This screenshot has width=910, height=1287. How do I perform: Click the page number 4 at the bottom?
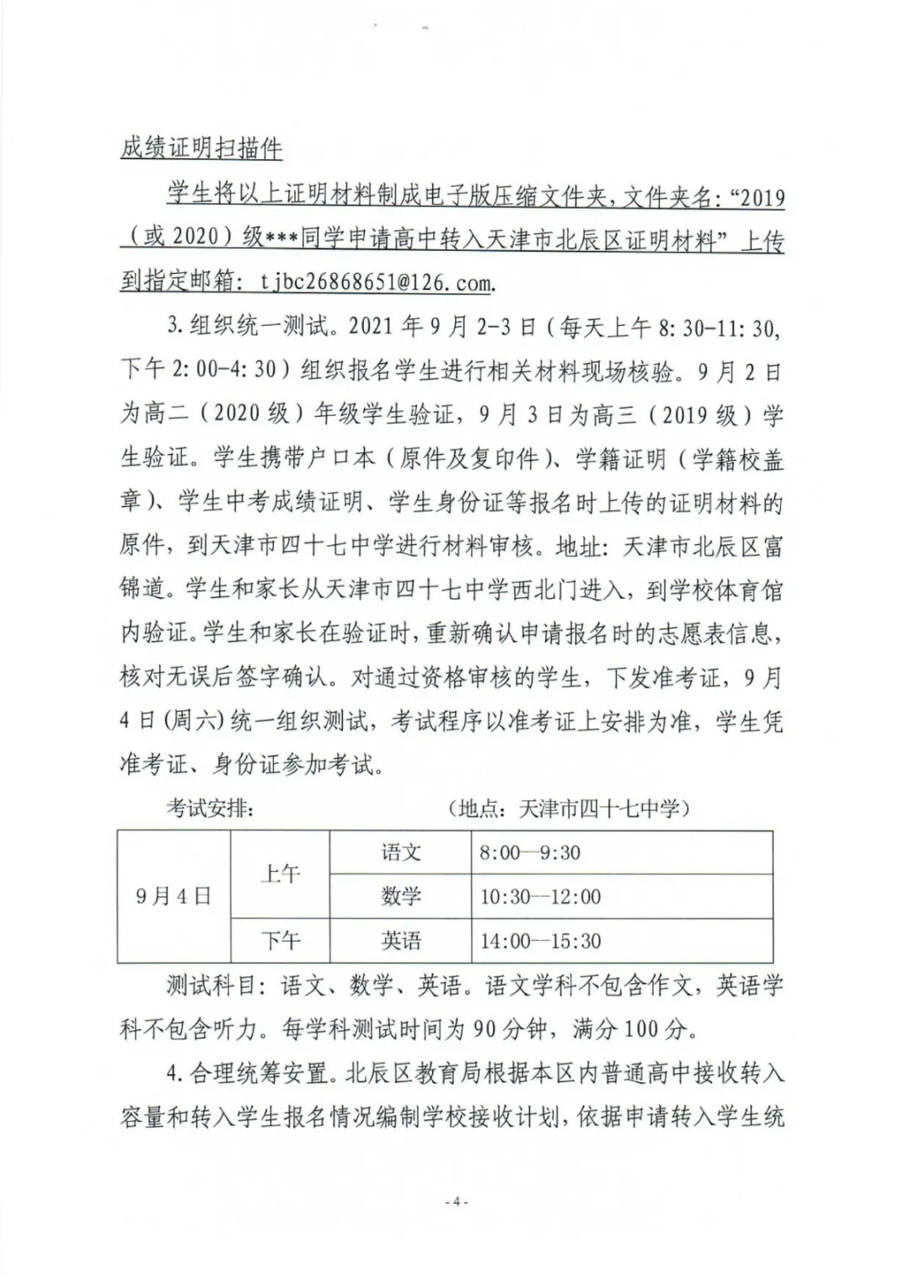click(455, 1202)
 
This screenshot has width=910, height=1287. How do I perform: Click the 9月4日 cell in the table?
click(173, 896)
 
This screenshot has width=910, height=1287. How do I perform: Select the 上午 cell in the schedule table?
click(280, 874)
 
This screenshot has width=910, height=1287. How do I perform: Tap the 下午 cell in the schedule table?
click(280, 940)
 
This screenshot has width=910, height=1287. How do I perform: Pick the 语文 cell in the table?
click(400, 852)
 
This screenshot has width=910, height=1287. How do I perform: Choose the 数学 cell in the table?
click(400, 896)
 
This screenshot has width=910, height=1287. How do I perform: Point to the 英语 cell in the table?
click(400, 940)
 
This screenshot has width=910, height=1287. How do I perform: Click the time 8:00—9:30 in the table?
click(530, 852)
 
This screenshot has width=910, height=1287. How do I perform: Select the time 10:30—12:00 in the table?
click(540, 896)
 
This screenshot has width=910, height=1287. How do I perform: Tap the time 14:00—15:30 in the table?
click(540, 940)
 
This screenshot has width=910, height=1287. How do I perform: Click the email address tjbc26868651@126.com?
click(375, 282)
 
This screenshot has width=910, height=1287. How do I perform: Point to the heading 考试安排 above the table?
click(210, 809)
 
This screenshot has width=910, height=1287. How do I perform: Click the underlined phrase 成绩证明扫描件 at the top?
click(201, 149)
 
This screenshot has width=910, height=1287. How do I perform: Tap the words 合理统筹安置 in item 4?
click(260, 1073)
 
